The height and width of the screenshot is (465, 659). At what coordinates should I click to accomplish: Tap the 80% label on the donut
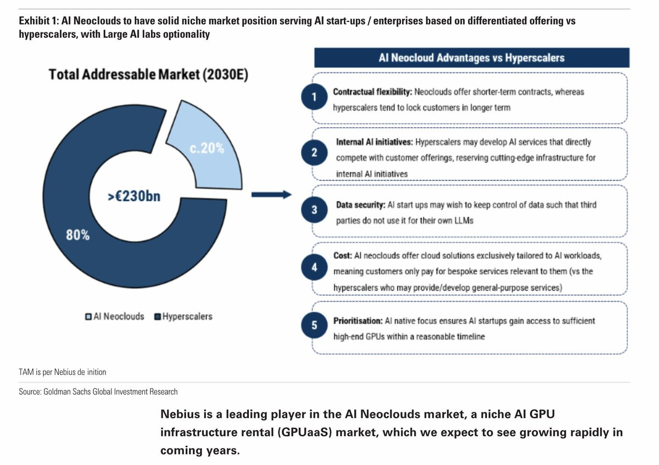coord(79,235)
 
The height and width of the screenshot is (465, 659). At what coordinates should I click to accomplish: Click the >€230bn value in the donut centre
coord(134,195)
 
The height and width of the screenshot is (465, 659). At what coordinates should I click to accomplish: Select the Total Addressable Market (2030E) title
coord(148,75)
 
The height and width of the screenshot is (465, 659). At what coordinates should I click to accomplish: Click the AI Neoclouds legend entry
coord(115,316)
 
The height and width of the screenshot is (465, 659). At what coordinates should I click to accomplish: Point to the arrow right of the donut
coord(270,194)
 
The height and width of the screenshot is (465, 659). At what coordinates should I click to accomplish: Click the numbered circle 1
coord(314,98)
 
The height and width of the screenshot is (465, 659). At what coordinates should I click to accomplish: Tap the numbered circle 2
coord(314,153)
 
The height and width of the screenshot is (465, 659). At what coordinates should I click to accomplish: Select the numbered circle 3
coord(314,210)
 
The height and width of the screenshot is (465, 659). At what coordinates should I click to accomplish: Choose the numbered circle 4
coord(314,268)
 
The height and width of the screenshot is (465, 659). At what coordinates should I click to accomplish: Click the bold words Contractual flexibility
coord(372,92)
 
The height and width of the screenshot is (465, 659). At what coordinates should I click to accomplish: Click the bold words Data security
coord(360,205)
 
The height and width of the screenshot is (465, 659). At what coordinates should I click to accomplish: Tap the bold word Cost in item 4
coord(342,256)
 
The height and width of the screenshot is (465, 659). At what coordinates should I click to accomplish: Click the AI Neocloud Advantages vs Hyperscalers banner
coord(471,58)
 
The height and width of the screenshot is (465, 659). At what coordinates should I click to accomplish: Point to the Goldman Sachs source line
coord(98,392)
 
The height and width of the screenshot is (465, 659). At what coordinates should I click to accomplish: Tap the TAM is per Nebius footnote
coord(63,372)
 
